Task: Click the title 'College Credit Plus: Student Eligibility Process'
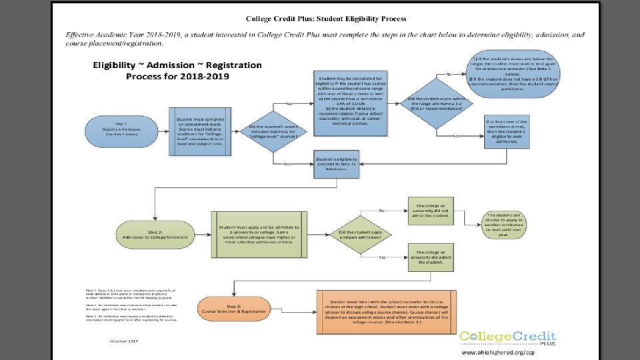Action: tap(326, 19)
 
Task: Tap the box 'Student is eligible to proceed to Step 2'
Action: tap(336, 163)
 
